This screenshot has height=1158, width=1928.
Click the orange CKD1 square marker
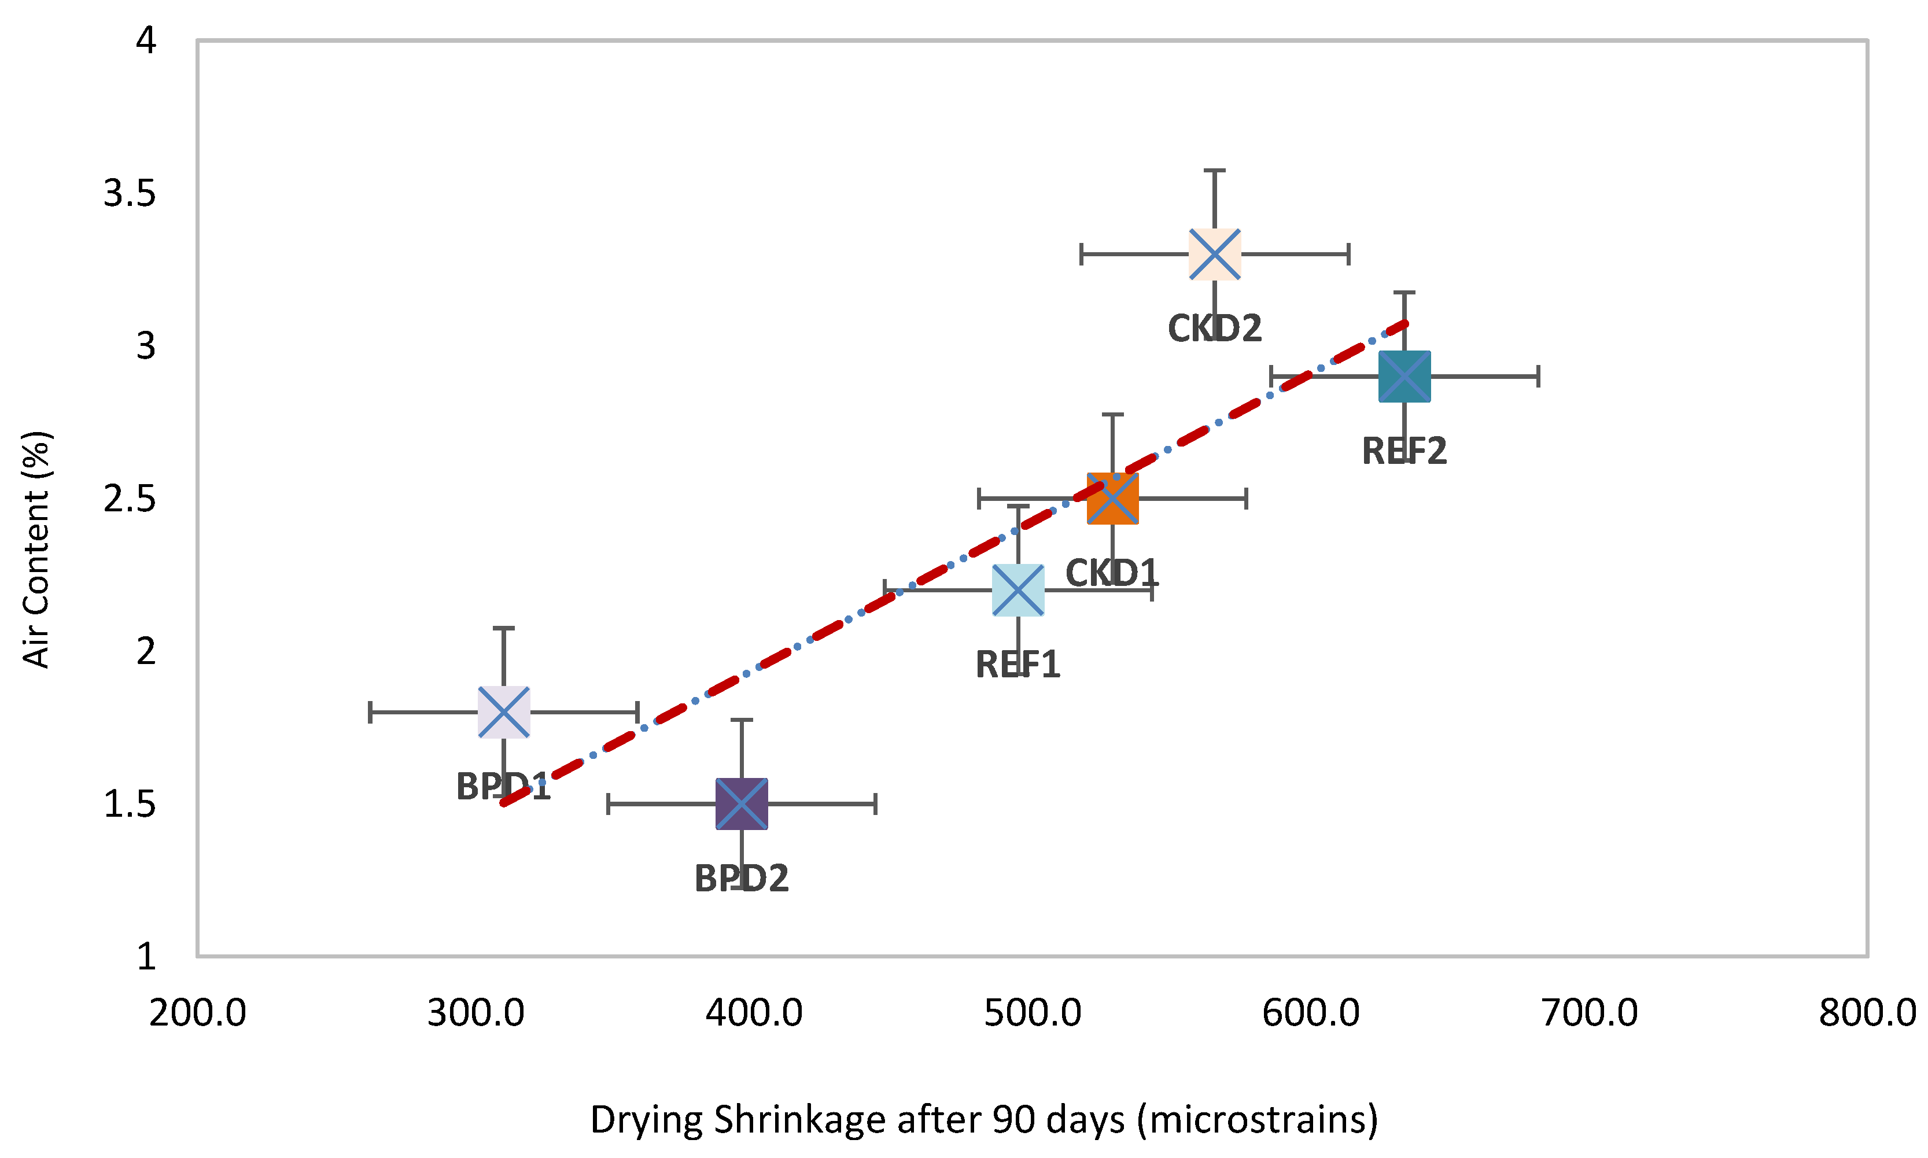(1112, 498)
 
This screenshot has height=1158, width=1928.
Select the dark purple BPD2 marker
(741, 804)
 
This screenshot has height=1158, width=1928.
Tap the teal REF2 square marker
(1404, 376)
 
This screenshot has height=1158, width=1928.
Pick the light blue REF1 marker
(1018, 590)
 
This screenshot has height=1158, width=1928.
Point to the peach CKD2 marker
(1214, 253)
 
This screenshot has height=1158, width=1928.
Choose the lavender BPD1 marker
(503, 711)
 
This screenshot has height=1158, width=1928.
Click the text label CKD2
(1214, 329)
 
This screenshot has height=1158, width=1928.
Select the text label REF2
(1404, 451)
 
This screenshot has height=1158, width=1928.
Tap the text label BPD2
(741, 879)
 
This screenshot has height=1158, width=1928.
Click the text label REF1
(1018, 665)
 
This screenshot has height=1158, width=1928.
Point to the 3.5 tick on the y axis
(130, 193)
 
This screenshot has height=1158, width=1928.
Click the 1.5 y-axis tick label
(130, 804)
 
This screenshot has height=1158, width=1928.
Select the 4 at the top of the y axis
(146, 40)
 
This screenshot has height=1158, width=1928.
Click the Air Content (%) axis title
(36, 550)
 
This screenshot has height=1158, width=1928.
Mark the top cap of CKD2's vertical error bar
(1214, 170)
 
